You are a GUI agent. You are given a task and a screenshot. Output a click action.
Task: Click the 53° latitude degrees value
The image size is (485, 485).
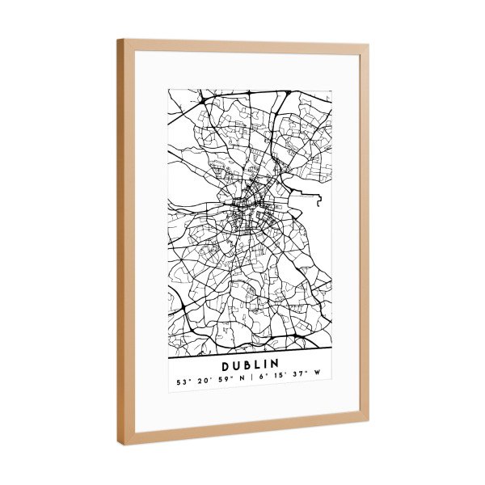point(182,381)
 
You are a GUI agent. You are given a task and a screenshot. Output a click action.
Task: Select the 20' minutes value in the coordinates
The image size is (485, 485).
point(201,381)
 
